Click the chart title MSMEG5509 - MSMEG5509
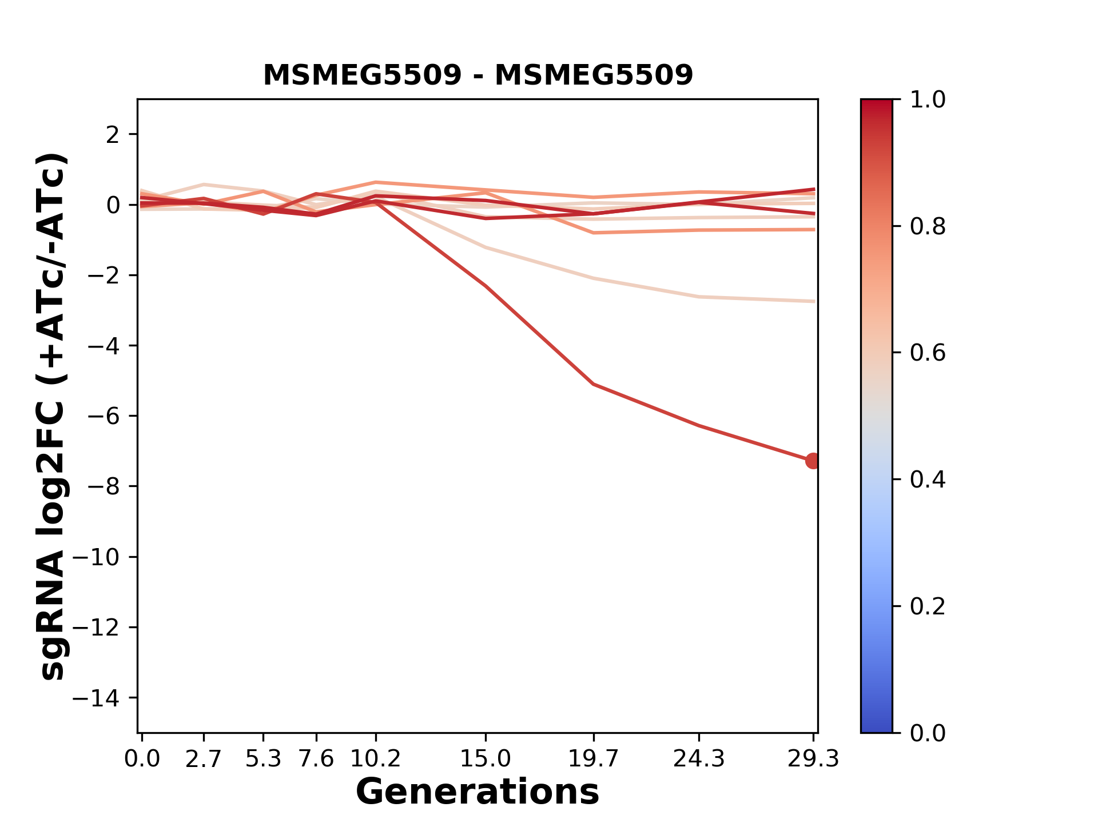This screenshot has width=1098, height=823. [478, 75]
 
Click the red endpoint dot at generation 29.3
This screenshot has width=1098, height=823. [812, 461]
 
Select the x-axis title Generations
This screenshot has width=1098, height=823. [478, 792]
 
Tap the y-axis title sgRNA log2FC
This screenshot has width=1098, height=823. [53, 417]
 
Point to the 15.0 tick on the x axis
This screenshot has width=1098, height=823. [486, 759]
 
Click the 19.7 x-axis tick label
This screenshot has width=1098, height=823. [594, 759]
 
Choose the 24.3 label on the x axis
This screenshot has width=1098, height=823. [699, 759]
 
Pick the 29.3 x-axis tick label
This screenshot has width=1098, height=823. [813, 759]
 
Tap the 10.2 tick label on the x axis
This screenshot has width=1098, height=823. [375, 759]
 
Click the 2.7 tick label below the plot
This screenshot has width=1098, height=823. [204, 759]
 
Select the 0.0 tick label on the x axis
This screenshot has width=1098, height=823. [142, 759]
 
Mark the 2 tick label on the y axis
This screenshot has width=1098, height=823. [114, 134]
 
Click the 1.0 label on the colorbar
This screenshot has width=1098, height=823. [928, 100]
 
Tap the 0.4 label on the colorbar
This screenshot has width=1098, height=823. [928, 480]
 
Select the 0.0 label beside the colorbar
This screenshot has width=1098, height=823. [928, 733]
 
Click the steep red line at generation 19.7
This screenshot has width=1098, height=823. [594, 384]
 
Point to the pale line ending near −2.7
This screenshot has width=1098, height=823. [594, 278]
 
